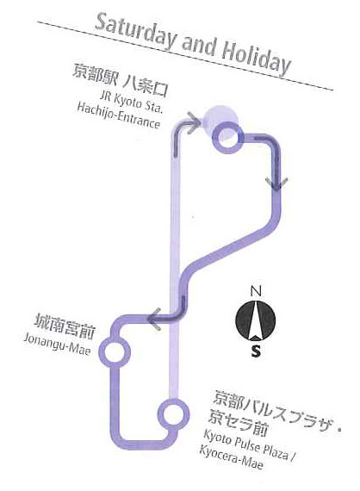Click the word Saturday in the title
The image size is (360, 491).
(x=135, y=32)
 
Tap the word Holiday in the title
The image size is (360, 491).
(x=257, y=61)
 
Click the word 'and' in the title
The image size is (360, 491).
(x=199, y=47)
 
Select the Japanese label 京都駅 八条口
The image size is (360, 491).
(x=121, y=80)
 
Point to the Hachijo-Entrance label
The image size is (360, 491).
(x=119, y=116)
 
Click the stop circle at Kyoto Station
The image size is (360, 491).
(x=227, y=137)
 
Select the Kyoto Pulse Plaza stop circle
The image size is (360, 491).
(x=173, y=414)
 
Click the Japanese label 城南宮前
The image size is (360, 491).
(x=65, y=327)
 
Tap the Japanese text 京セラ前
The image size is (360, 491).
(x=238, y=423)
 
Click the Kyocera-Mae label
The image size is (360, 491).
(x=231, y=457)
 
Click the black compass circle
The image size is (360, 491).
(x=256, y=320)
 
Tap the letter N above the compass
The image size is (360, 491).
(x=256, y=291)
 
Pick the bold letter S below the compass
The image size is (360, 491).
(x=256, y=351)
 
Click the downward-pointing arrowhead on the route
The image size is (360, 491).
(x=276, y=183)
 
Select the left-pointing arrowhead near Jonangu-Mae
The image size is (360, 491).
(x=154, y=319)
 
